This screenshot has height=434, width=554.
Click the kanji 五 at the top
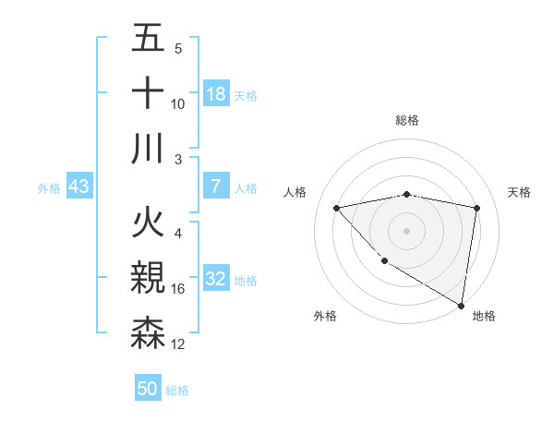[148, 41]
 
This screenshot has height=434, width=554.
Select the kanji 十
[148, 94]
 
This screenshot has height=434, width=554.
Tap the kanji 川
[148, 149]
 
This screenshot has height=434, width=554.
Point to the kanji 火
[148, 224]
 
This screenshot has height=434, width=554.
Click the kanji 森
[148, 333]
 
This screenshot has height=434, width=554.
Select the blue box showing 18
[216, 94]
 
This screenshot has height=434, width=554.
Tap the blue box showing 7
[216, 187]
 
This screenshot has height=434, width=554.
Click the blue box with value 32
[216, 279]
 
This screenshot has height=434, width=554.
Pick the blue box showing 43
[79, 187]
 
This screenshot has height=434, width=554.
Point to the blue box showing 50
[148, 389]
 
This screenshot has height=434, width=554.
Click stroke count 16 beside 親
[178, 289]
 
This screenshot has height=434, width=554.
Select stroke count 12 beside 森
[178, 344]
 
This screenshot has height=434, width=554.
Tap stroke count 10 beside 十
[178, 104]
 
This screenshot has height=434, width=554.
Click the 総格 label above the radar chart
[407, 120]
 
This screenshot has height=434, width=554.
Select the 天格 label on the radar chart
[520, 192]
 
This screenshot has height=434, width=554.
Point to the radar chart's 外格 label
[325, 316]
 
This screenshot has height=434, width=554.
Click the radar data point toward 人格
[337, 208]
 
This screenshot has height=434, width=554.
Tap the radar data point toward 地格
[461, 305]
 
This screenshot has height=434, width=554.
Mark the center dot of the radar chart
[407, 230]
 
